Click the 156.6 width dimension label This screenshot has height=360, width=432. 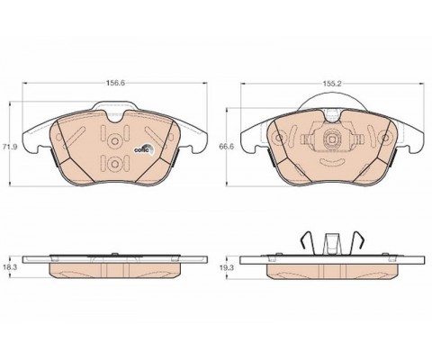[x=115, y=84]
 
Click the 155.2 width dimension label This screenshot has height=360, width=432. [x=332, y=84]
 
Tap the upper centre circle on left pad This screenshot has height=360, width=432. [x=114, y=140]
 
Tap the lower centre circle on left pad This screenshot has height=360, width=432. [x=114, y=164]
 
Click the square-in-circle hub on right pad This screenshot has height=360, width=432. [x=331, y=139]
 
